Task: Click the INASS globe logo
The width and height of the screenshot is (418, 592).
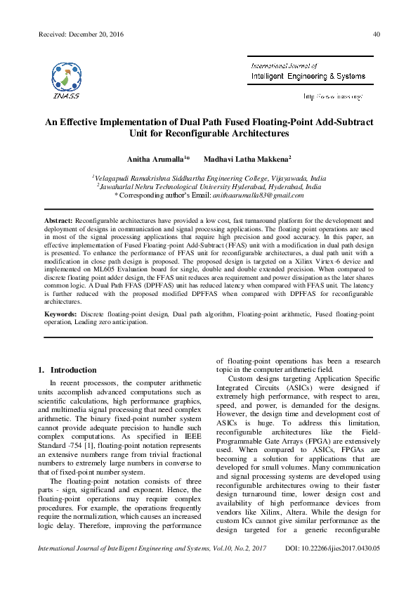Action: [x=69, y=76]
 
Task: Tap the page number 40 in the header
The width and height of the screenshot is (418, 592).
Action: [x=377, y=34]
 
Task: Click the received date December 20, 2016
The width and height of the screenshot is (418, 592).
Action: [x=86, y=34]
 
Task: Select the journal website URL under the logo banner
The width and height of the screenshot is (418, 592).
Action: [x=332, y=96]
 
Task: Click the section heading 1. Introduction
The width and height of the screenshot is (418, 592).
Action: [x=67, y=370]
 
